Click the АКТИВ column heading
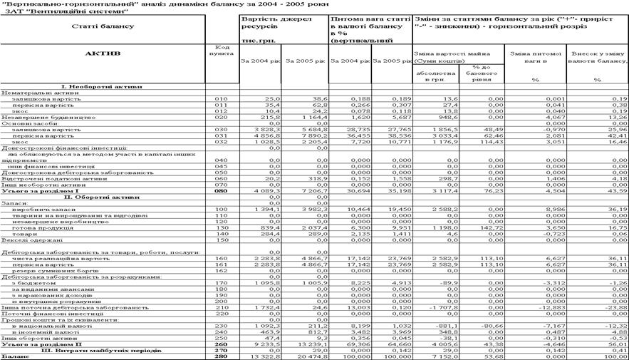[103, 53]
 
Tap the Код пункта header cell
[222, 51]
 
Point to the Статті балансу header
[103, 26]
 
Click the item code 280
[222, 356]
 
